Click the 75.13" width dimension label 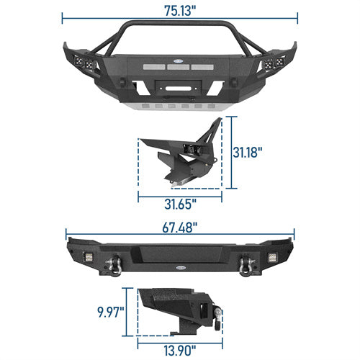[x=180, y=11]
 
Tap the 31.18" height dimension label [x=248, y=152]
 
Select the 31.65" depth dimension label [x=180, y=204]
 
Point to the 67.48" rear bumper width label [x=180, y=228]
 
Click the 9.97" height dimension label [x=111, y=312]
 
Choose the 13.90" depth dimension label [x=180, y=351]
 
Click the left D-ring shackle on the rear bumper [x=115, y=265]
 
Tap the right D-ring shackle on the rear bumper [x=246, y=265]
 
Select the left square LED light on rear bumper [x=89, y=257]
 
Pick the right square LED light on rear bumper [x=272, y=257]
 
